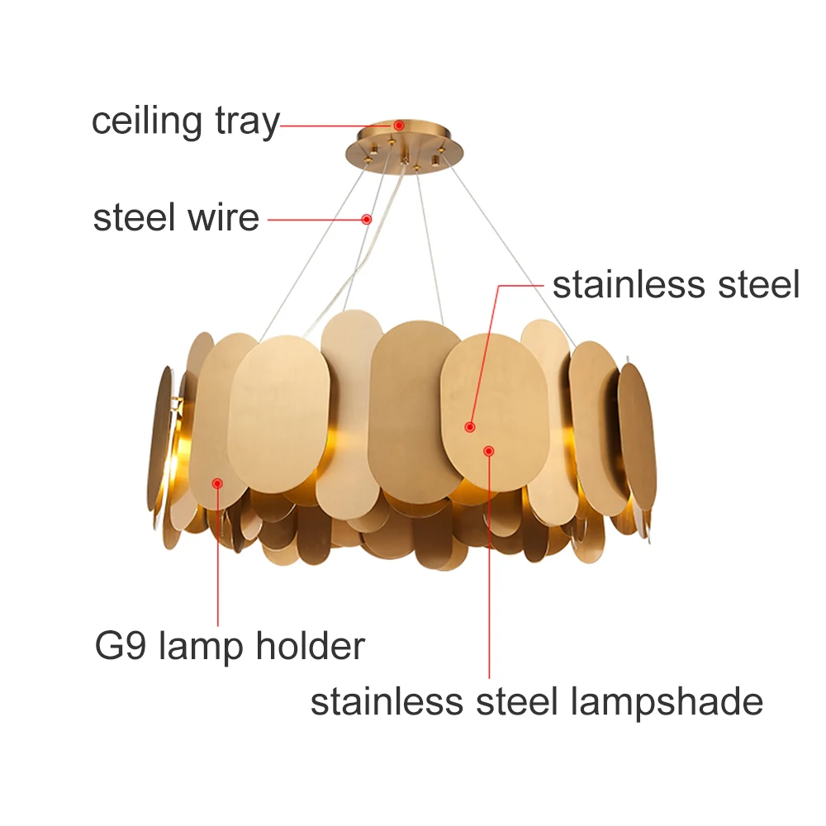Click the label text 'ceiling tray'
[x=185, y=121]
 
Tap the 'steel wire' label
[x=176, y=219]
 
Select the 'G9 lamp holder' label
[x=230, y=645]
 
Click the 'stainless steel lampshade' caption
[x=536, y=702]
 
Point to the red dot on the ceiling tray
[x=398, y=126]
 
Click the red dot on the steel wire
[x=366, y=219]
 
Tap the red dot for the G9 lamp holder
[x=218, y=482]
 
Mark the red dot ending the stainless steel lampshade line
[x=489, y=451]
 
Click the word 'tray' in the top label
[x=245, y=121]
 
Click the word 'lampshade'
[x=667, y=702]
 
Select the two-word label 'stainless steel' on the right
[x=676, y=285]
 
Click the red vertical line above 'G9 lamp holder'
[x=218, y=562]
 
